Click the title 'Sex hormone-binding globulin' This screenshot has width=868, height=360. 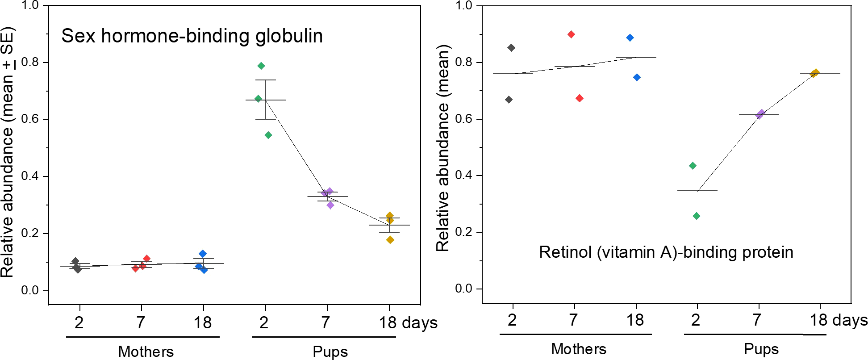pos(192,36)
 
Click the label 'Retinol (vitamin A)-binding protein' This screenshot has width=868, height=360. pos(666,252)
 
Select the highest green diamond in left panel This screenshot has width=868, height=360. pos(261,66)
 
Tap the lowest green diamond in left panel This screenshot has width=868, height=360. pos(268,135)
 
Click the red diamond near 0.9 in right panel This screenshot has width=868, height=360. pos(571,34)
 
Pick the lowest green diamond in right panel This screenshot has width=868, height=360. pos(697,216)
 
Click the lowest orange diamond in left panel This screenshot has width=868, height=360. pos(390,240)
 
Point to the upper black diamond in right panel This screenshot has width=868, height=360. pos(511,48)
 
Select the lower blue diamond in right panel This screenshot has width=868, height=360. pos(637,77)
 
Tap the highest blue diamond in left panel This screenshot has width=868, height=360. pos(203,254)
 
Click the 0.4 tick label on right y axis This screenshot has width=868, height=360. pos(463,175)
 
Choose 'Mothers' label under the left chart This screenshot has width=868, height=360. pos(146,352)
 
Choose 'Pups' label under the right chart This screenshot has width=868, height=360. pos(761,349)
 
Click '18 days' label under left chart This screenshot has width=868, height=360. pos(408,322)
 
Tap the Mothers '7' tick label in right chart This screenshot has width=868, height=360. pos(574,320)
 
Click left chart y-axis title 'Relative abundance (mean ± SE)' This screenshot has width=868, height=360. pos(8,152)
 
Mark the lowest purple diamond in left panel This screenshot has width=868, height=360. pos(330,205)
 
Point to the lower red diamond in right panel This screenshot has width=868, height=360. pos(580,98)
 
